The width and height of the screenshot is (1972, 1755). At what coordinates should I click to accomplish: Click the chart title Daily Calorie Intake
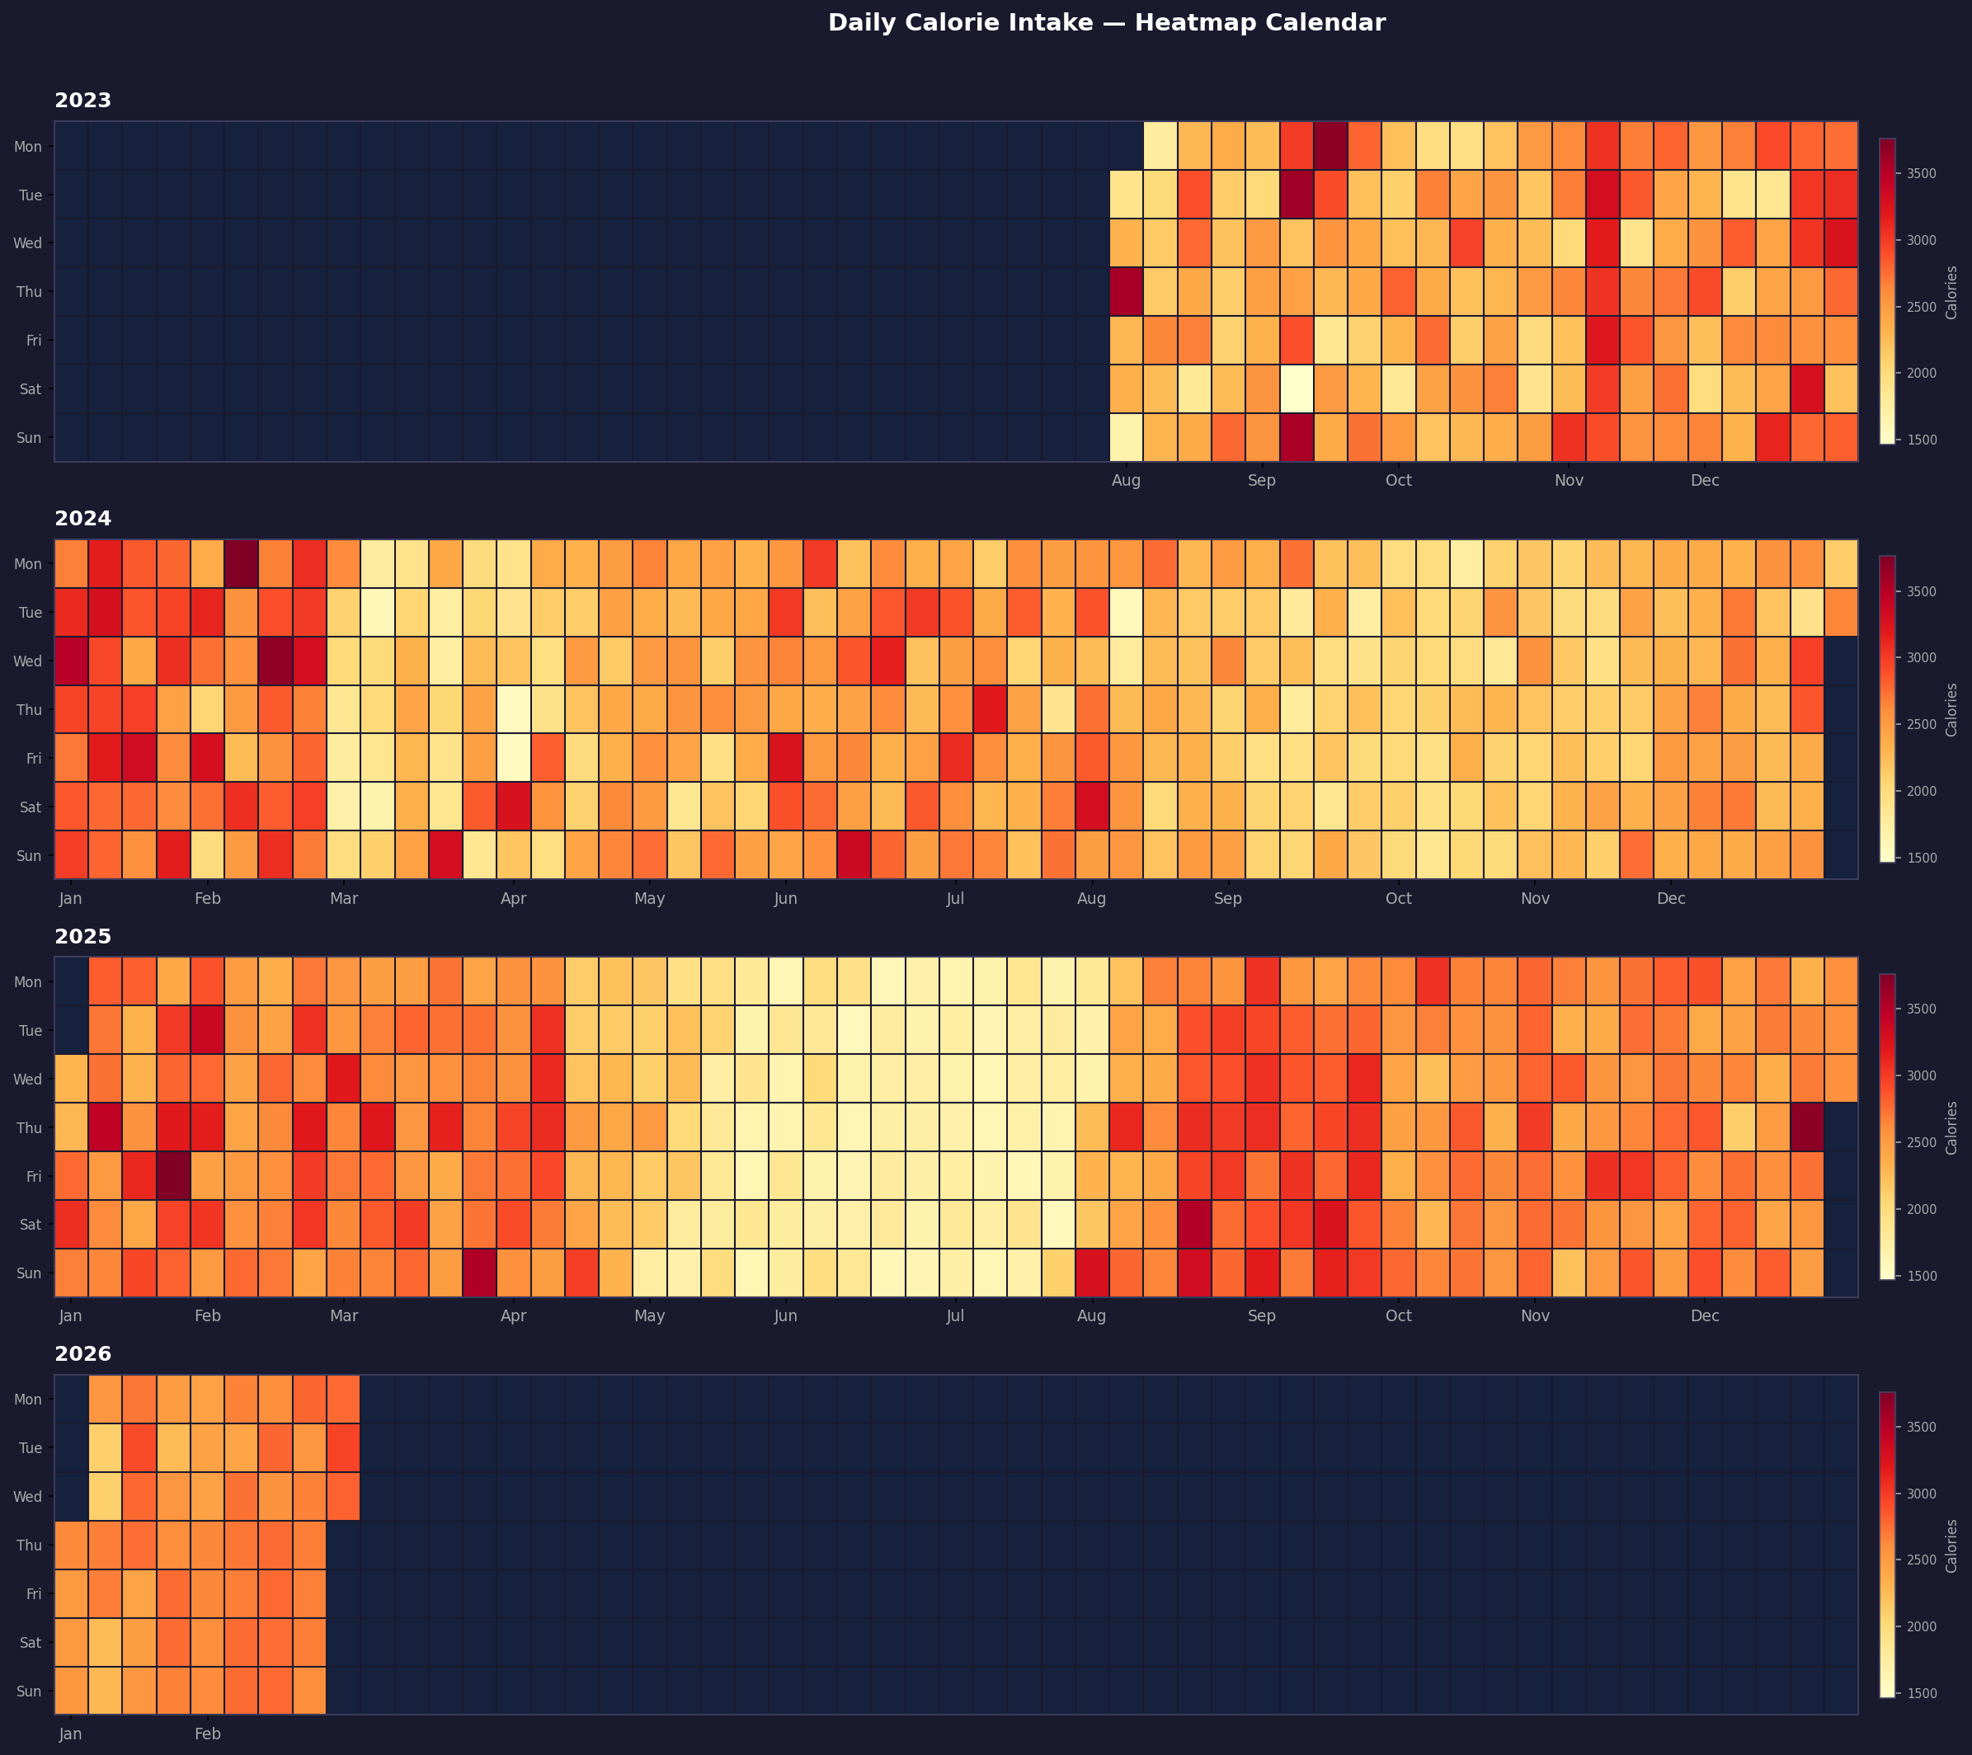(1106, 23)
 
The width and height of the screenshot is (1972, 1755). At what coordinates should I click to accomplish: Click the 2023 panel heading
(83, 101)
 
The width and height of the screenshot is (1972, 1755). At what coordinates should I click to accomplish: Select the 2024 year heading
(83, 518)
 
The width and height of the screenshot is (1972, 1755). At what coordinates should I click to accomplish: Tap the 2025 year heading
(83, 936)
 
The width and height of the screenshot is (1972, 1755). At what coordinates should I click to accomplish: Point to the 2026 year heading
(83, 1353)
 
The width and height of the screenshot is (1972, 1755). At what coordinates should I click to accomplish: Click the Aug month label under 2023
(1126, 481)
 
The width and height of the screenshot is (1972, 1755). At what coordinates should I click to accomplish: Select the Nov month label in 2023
(1569, 481)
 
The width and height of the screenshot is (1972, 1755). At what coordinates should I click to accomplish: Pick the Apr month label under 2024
(513, 898)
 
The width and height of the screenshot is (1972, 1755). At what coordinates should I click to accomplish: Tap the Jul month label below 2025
(955, 1316)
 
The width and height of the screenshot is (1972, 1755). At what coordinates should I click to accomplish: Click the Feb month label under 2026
(207, 1734)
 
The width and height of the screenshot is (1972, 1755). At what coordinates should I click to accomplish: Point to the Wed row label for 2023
(28, 243)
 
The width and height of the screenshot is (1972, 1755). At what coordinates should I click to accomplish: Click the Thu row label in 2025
(29, 1127)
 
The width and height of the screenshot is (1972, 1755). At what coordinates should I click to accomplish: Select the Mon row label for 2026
(28, 1399)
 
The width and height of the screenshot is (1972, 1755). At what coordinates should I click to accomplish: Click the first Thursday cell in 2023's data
(1126, 291)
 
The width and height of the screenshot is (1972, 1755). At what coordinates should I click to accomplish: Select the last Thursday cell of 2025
(1807, 1127)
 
